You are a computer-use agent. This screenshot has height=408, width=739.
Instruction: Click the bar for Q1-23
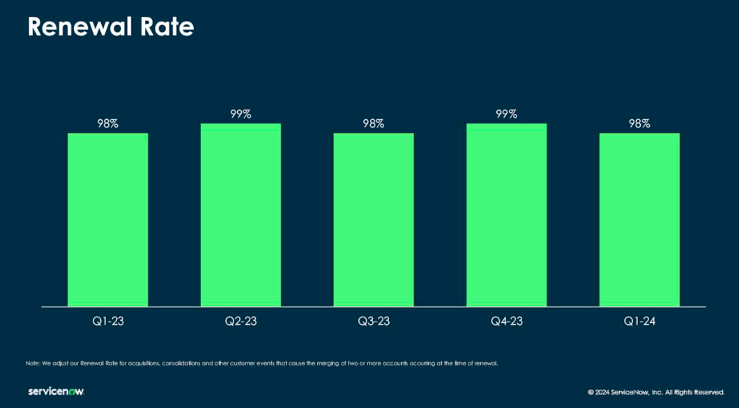(107, 220)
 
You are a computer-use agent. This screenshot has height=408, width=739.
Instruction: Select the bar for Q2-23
(241, 215)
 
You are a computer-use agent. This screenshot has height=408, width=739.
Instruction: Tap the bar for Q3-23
(374, 220)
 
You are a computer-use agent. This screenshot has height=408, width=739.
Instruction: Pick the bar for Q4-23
(506, 215)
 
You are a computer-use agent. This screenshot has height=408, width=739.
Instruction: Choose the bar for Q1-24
(639, 220)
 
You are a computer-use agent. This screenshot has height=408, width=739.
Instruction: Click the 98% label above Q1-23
(107, 123)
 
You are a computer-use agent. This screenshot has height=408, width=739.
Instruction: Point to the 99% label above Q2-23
(241, 114)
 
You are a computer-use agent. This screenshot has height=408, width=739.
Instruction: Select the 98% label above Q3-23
(374, 123)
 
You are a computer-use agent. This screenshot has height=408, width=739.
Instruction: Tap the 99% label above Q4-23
(506, 114)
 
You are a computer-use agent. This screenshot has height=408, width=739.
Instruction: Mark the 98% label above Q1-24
(639, 123)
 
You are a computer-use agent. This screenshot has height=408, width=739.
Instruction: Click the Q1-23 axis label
(107, 322)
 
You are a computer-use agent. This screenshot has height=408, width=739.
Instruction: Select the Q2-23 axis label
(241, 322)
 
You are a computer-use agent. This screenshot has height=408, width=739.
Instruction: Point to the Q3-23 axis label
(374, 322)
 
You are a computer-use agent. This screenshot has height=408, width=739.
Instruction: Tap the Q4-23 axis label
(506, 322)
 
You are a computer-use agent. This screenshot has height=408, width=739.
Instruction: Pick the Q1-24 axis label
(639, 322)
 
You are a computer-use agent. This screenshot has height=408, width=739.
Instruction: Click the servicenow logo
(56, 391)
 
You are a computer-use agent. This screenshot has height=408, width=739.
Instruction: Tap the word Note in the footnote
(33, 363)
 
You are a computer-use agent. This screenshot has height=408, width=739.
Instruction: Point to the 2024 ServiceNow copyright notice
(656, 392)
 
